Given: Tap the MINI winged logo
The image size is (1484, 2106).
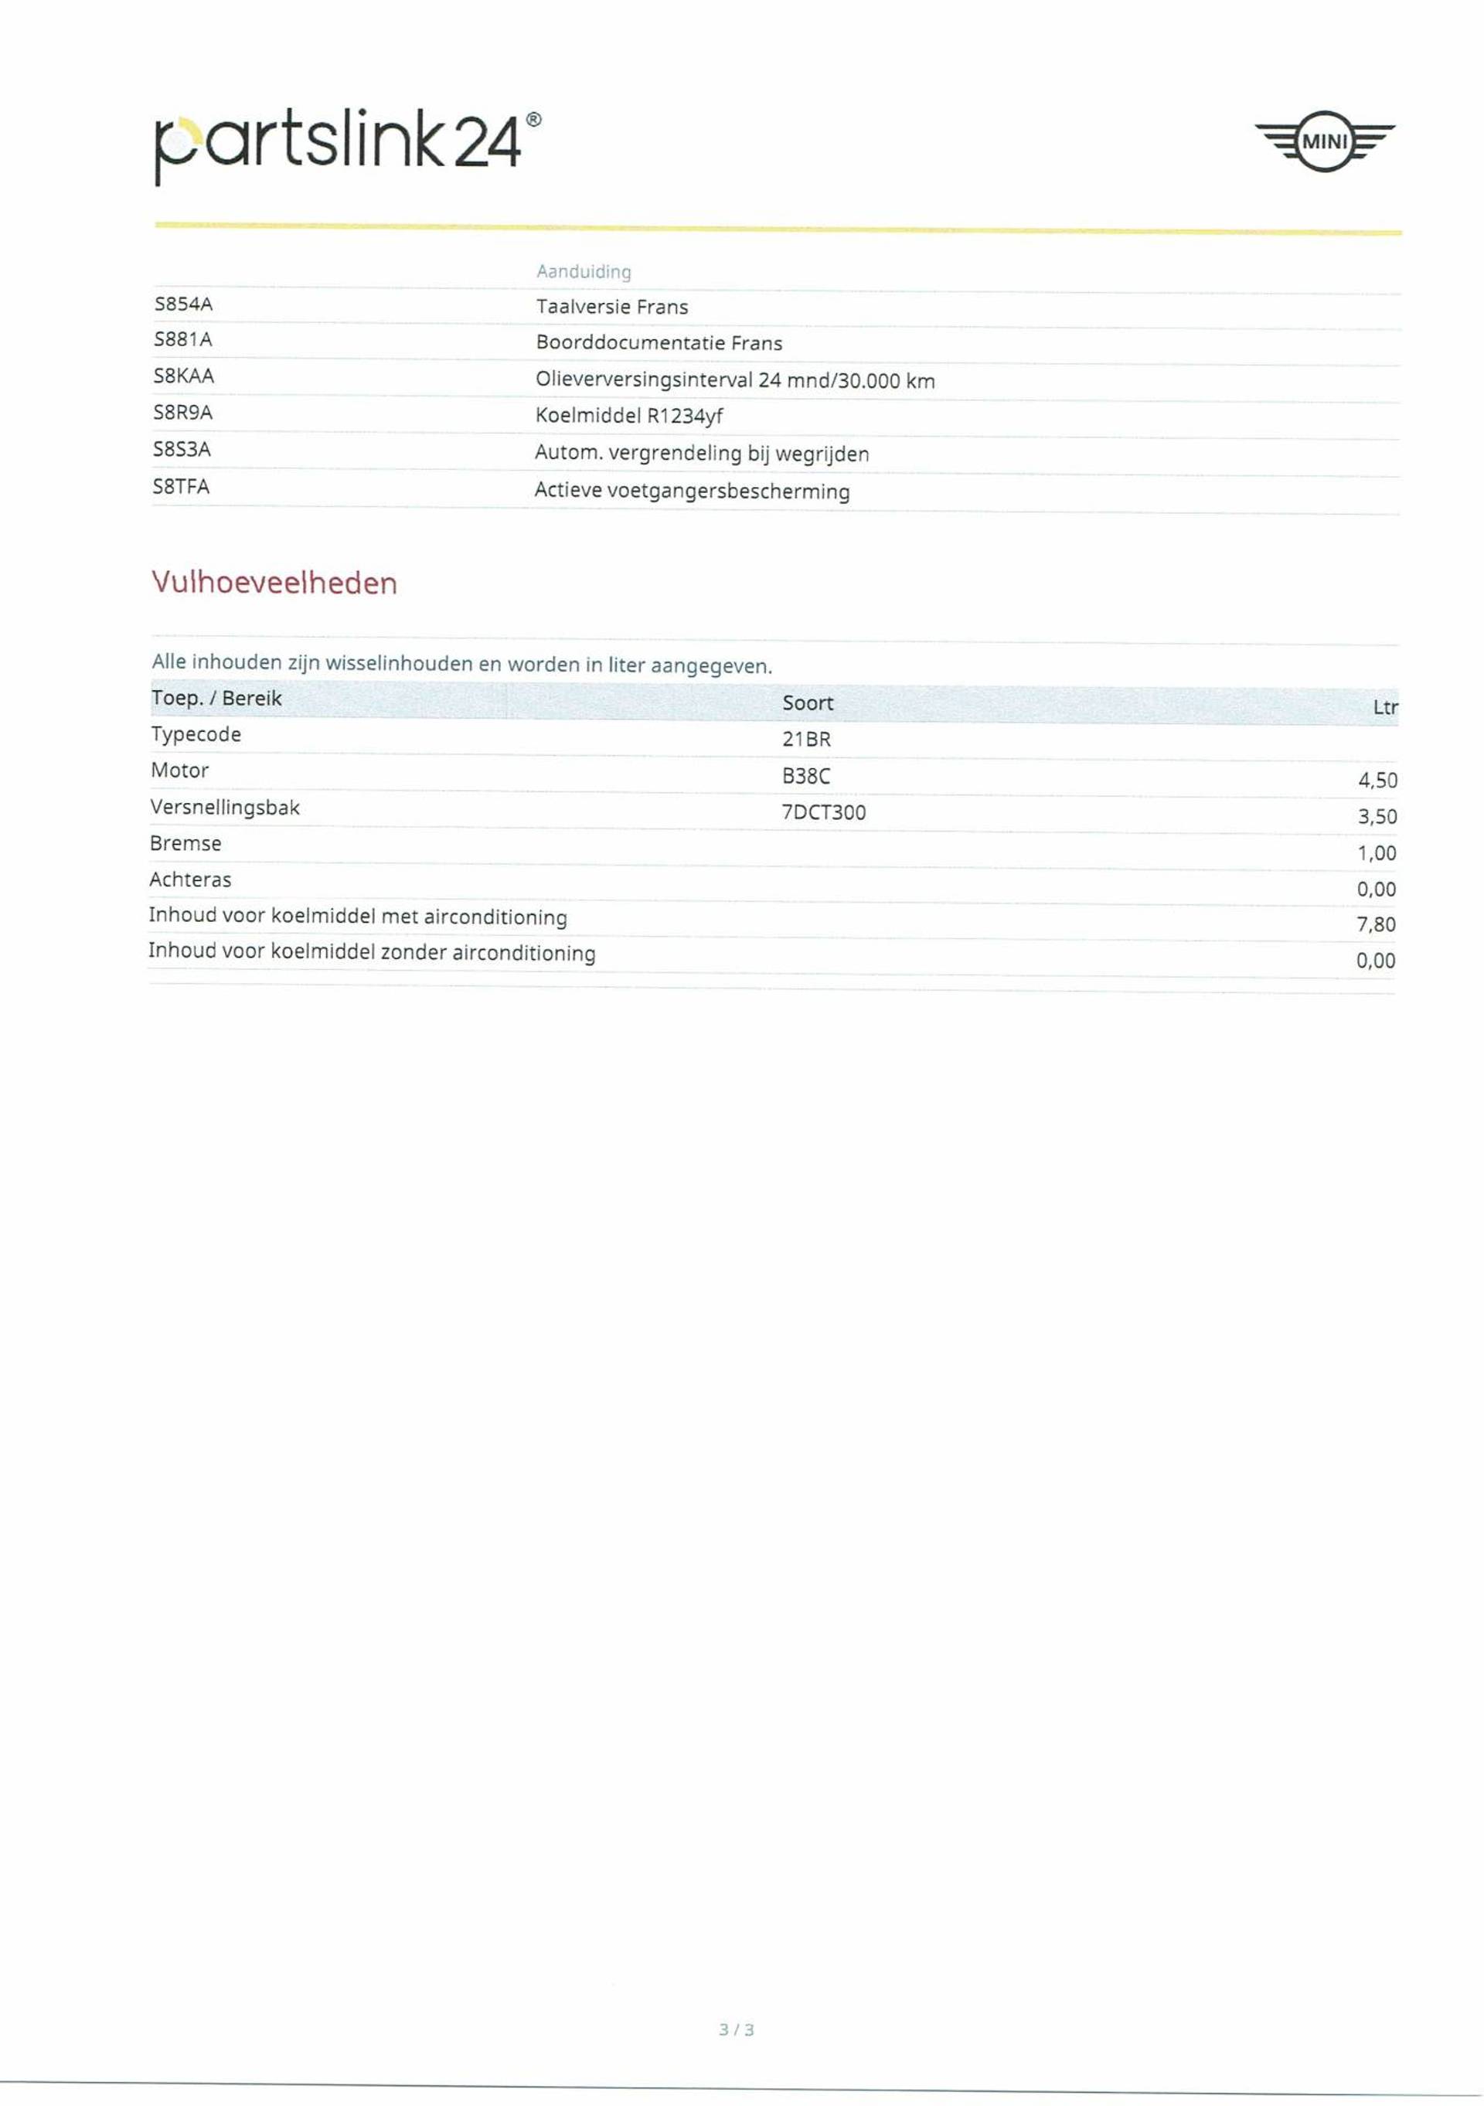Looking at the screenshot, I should click(x=1323, y=141).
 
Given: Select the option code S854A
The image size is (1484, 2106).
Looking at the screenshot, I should click(x=183, y=304).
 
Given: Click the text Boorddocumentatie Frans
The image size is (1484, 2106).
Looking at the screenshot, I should click(x=659, y=343).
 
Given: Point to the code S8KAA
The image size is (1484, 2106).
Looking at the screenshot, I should click(x=183, y=376).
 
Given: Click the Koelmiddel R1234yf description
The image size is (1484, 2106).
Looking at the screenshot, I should click(x=629, y=416).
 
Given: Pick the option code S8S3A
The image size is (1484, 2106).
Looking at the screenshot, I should click(x=182, y=450).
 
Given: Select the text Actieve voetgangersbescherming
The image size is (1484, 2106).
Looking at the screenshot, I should click(x=692, y=491).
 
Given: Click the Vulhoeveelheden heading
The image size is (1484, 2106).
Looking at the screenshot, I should click(x=274, y=583).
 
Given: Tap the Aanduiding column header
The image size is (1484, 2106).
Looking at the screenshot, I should click(x=584, y=271).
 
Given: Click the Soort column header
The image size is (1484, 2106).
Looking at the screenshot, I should click(x=807, y=703).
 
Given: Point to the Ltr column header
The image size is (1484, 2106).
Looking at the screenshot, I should click(x=1384, y=707).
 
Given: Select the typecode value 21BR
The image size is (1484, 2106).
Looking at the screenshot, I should click(x=806, y=740).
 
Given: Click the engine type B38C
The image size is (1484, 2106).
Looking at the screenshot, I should click(x=805, y=776).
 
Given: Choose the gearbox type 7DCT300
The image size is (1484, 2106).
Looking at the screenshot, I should click(x=822, y=813).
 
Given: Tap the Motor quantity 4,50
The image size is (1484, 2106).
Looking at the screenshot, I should click(x=1377, y=781).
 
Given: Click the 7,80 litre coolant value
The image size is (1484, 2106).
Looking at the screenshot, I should click(x=1376, y=924).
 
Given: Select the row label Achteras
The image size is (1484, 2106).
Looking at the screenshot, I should click(x=190, y=879).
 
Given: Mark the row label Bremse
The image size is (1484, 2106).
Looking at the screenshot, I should click(x=185, y=844).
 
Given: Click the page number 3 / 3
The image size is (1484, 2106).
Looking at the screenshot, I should click(x=737, y=2056).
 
